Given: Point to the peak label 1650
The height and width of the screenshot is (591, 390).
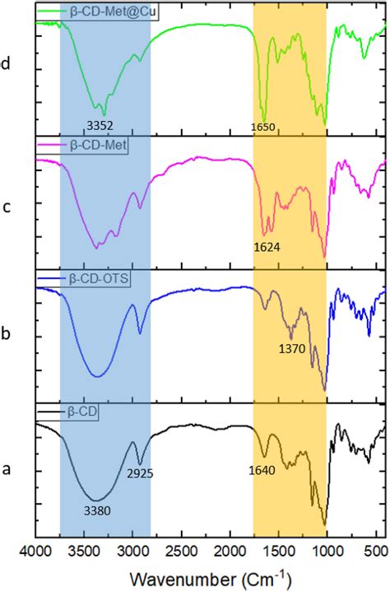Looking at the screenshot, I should (x=264, y=128).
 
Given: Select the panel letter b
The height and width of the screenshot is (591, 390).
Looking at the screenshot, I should (x=7, y=335).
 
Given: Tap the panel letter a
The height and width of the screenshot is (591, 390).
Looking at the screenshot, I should (x=7, y=470).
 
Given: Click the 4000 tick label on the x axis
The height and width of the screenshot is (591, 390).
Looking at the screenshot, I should (x=35, y=547).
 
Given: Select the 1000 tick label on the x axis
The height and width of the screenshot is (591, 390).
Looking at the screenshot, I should (x=327, y=547).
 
